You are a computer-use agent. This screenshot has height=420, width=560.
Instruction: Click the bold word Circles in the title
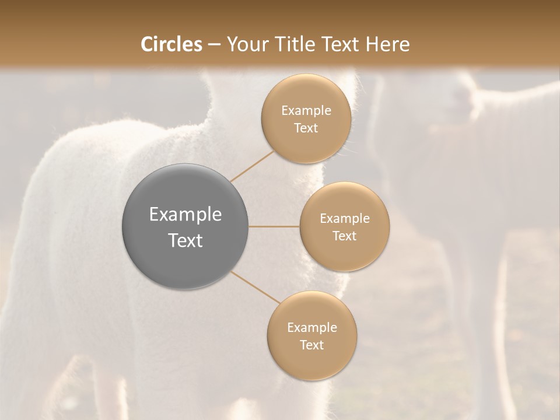point(171,44)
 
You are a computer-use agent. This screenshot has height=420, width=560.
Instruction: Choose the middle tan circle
point(344,254)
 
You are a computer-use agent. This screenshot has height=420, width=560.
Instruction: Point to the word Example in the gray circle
point(185,215)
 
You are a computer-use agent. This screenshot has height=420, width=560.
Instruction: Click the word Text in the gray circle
point(185,240)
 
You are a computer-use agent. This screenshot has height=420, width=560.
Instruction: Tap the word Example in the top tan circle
point(306,111)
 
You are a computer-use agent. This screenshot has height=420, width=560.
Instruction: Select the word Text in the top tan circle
point(306,128)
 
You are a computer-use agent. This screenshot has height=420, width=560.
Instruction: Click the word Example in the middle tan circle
point(344,219)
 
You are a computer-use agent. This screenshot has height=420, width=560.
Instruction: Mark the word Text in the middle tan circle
point(344,236)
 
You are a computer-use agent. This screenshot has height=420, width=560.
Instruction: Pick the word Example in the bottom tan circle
point(311,328)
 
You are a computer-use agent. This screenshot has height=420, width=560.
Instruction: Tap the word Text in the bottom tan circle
point(311,345)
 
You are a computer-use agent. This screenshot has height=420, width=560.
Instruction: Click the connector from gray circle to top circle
point(253,166)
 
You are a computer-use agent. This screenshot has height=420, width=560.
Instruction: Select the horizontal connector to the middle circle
point(274,226)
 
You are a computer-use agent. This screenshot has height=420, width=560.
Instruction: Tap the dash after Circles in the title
point(214,44)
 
